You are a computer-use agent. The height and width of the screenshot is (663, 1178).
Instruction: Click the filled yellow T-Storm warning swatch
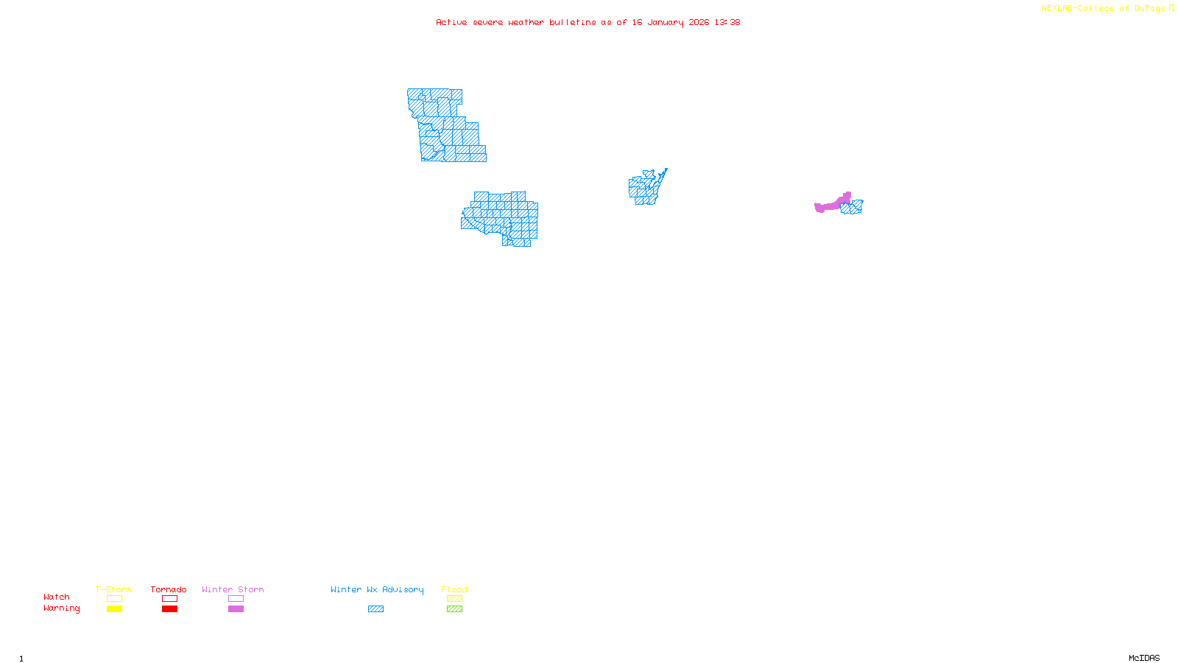[114, 609]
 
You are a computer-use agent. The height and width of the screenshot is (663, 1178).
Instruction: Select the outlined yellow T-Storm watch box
[114, 599]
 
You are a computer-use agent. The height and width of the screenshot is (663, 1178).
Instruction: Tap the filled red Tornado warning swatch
[169, 609]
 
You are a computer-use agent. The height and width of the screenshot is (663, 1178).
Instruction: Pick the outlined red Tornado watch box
[169, 599]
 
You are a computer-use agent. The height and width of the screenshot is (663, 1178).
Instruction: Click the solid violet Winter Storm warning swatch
[236, 609]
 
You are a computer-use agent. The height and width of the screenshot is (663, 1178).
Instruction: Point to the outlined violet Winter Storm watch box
[236, 599]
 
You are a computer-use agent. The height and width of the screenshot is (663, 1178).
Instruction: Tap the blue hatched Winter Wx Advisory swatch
[375, 609]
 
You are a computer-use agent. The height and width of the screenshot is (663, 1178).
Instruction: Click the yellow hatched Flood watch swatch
[454, 599]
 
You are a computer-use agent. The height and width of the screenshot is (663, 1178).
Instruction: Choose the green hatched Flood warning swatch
[454, 609]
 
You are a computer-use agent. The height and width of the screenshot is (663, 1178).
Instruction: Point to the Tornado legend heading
[169, 589]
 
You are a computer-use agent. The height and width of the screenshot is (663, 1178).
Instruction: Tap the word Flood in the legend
[454, 589]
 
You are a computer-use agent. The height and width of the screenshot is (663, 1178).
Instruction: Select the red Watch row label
[57, 597]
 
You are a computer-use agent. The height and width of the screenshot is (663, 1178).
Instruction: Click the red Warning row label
[61, 608]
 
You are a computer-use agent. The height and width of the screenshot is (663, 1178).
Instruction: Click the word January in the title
[666, 22]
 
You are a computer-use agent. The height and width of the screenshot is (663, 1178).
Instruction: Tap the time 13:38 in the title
[727, 22]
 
